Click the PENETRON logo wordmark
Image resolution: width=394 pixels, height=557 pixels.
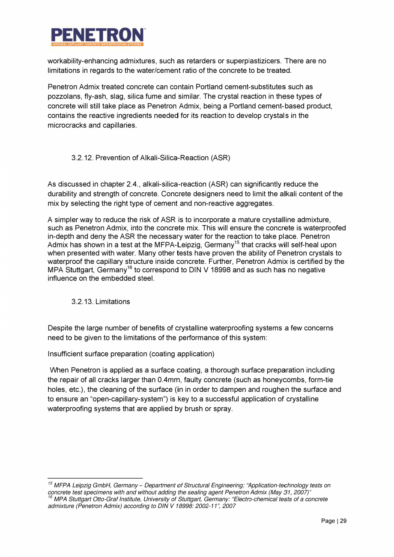98,35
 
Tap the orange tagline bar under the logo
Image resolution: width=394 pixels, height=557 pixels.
98,44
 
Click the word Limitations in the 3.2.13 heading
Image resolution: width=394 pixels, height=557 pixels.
113,302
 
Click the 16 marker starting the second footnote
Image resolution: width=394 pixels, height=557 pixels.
50,497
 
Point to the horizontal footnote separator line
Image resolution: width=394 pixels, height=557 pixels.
95,478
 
